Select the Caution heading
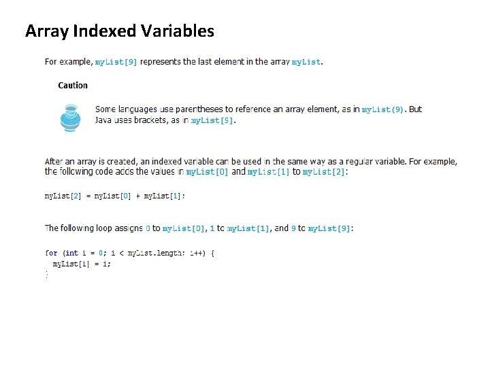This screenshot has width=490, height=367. click(73, 86)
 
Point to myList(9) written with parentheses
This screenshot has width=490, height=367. click(382, 109)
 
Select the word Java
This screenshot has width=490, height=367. click(104, 120)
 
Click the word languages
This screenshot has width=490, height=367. click(138, 109)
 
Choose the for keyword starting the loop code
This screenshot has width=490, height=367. click(51, 254)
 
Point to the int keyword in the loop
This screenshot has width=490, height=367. click(71, 254)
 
